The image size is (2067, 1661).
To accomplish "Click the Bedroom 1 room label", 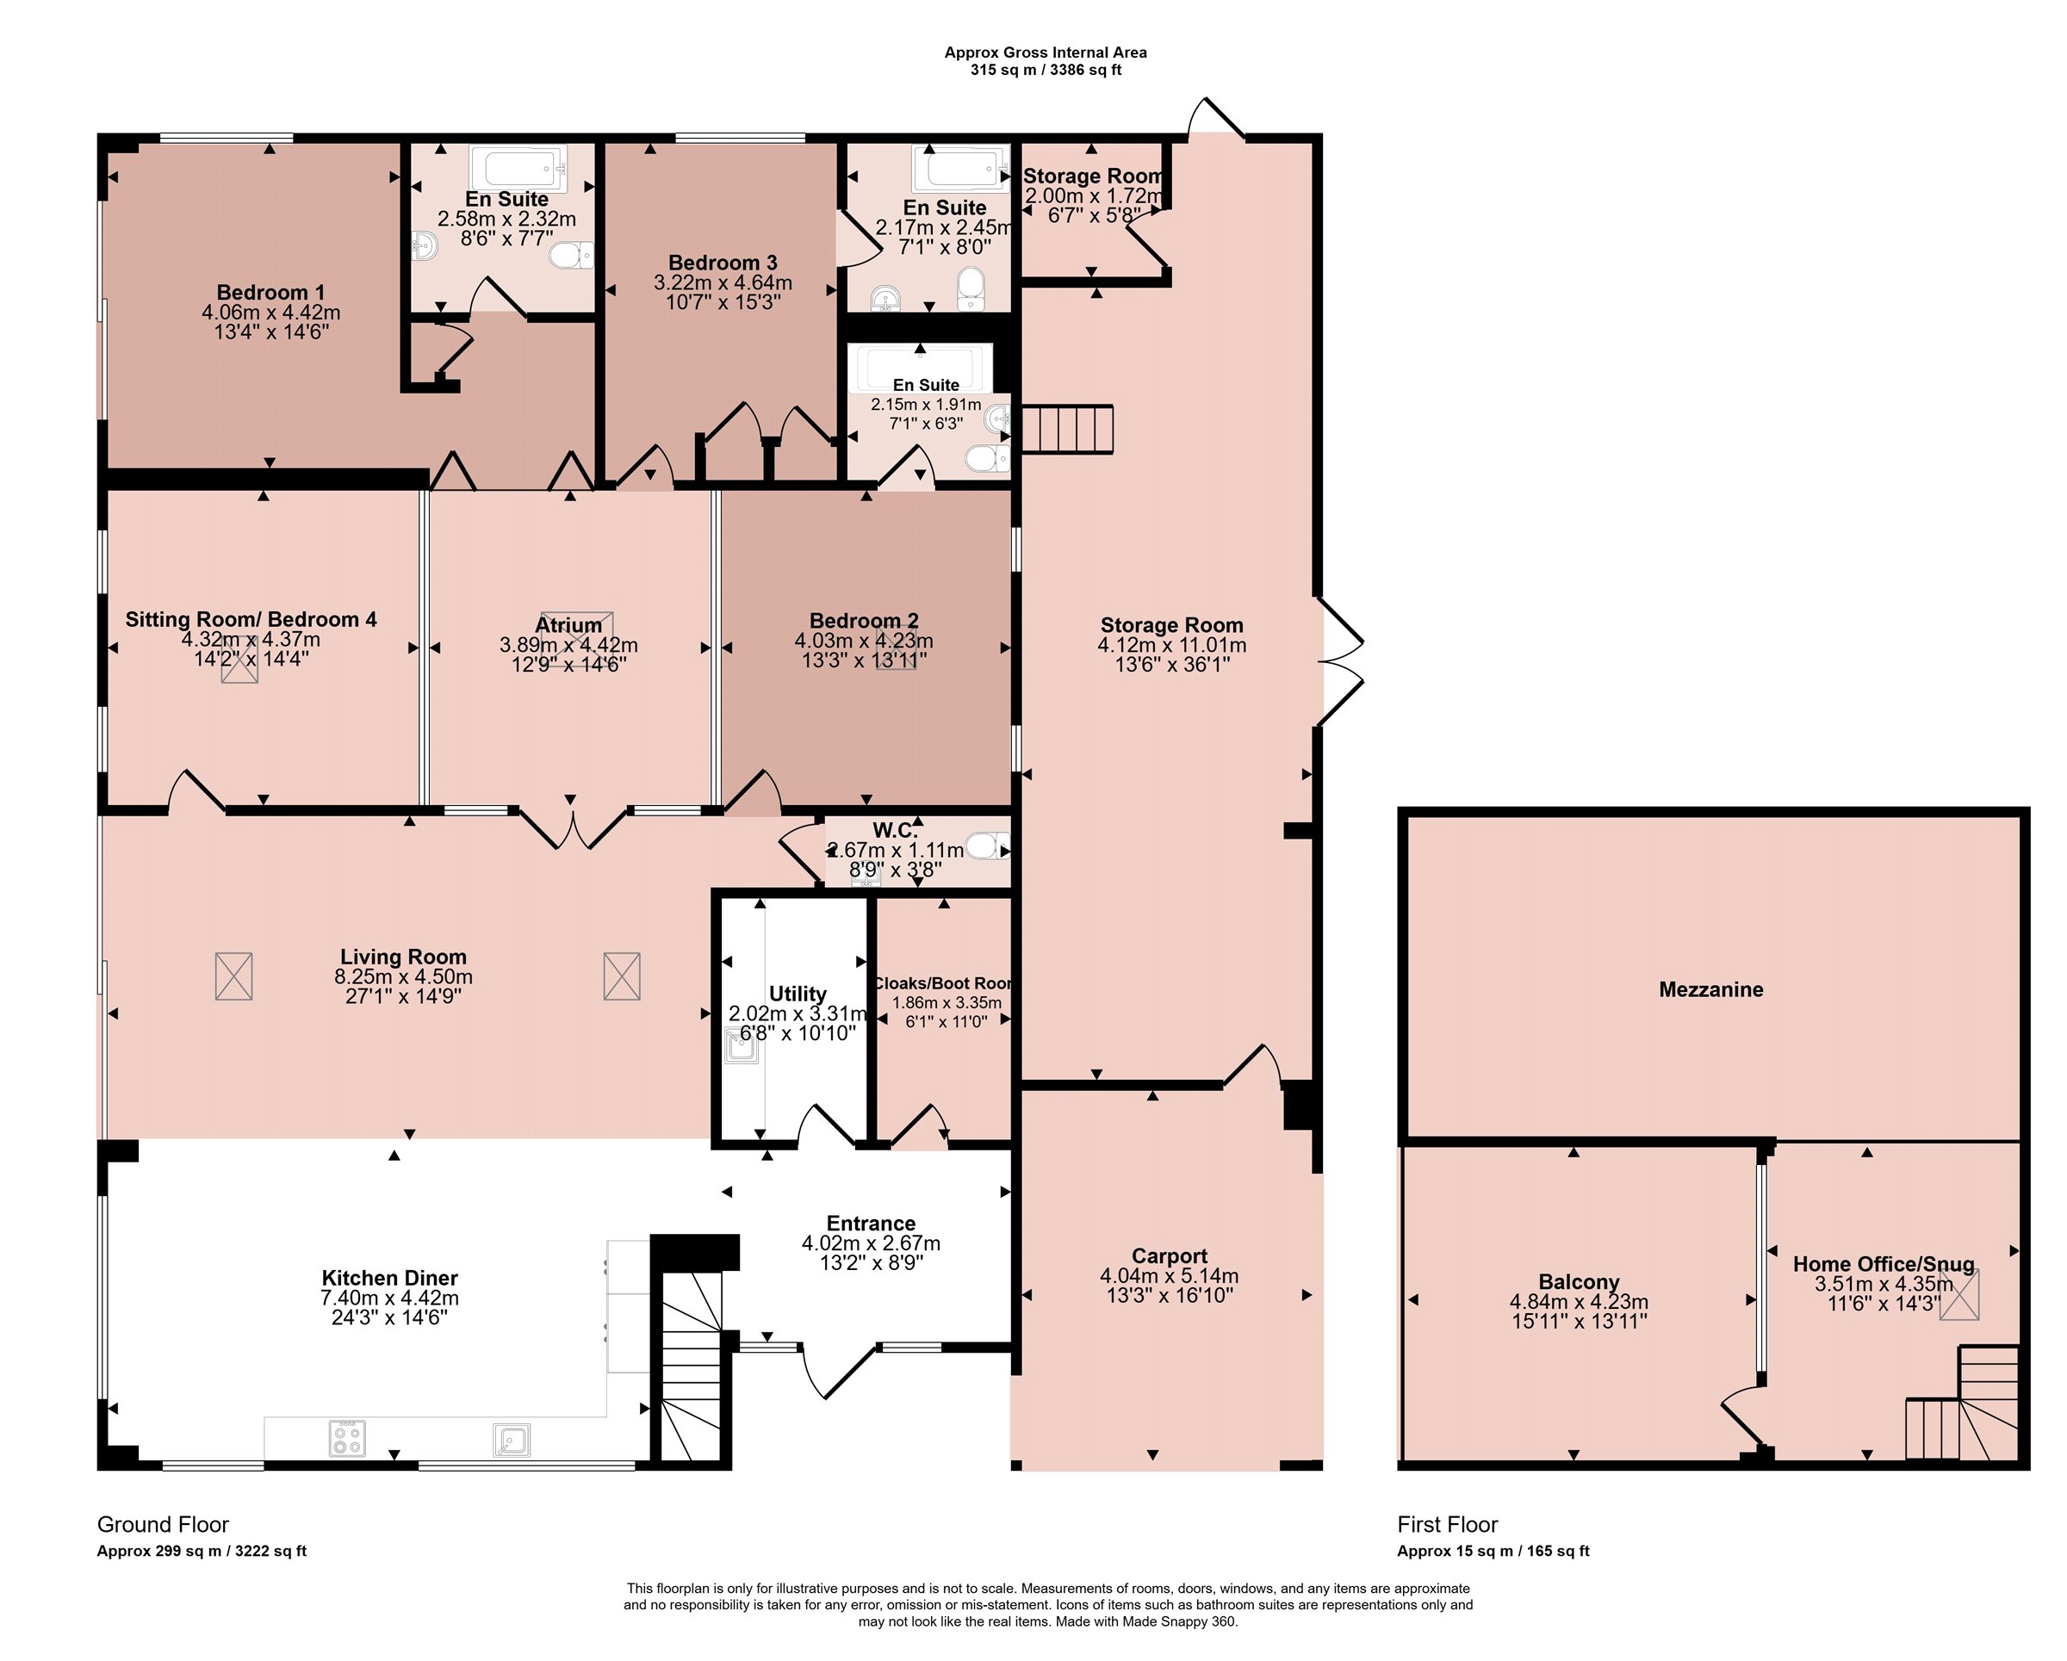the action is [270, 292].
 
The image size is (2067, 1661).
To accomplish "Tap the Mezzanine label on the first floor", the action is [1710, 989].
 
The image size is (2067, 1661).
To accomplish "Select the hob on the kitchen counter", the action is [347, 1437].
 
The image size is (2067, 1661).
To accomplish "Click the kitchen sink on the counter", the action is [511, 1439].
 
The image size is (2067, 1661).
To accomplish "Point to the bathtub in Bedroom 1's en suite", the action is [518, 168].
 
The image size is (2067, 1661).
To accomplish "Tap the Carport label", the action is [1169, 1255].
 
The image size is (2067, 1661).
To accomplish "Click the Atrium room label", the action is [568, 625].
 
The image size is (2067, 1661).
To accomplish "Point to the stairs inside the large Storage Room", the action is [1067, 429].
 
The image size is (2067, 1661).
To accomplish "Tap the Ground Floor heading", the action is [163, 1524].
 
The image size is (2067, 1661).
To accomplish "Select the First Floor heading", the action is [1447, 1524].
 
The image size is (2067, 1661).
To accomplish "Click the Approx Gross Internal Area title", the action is [1045, 53].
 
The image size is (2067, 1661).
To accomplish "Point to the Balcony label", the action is [1579, 1281].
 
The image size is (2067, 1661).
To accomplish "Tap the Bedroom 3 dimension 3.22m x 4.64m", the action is [723, 282].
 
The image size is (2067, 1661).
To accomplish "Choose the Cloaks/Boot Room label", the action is [943, 983].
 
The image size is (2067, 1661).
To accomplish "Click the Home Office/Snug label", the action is [1884, 1263].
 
